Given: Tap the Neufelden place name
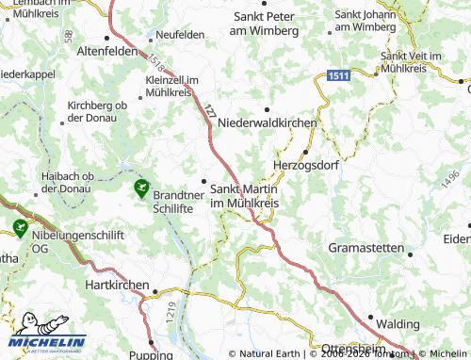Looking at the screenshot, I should click(181, 34).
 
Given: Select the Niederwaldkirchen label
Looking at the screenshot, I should click(268, 123).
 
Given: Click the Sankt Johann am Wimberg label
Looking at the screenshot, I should click(365, 21).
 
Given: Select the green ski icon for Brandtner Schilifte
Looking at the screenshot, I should click(141, 188).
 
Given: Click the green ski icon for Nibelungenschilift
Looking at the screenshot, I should click(19, 227).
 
